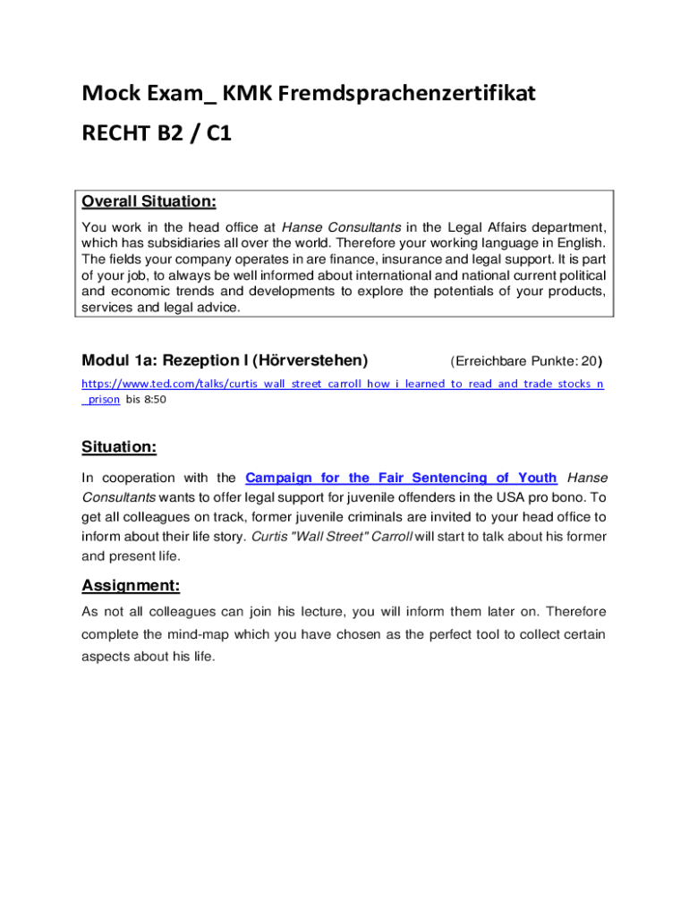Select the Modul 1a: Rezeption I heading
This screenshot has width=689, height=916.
coord(225,360)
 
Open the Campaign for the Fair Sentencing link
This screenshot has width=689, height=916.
coord(401,478)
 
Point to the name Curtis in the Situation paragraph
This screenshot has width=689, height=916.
coord(269,537)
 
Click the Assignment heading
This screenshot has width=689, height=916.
coord(131,586)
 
